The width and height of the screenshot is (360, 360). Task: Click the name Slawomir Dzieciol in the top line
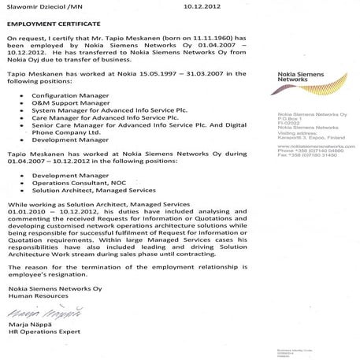coord(32,6)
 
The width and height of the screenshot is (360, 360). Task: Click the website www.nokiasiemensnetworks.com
coord(310,147)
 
